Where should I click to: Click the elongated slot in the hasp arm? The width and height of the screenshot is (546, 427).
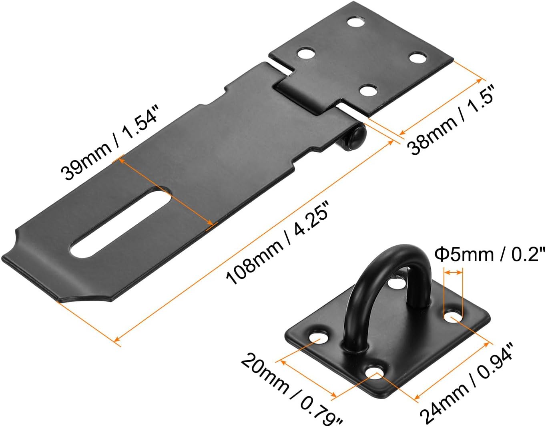[x=120, y=222]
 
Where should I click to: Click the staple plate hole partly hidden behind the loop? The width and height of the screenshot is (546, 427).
[x=396, y=283]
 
